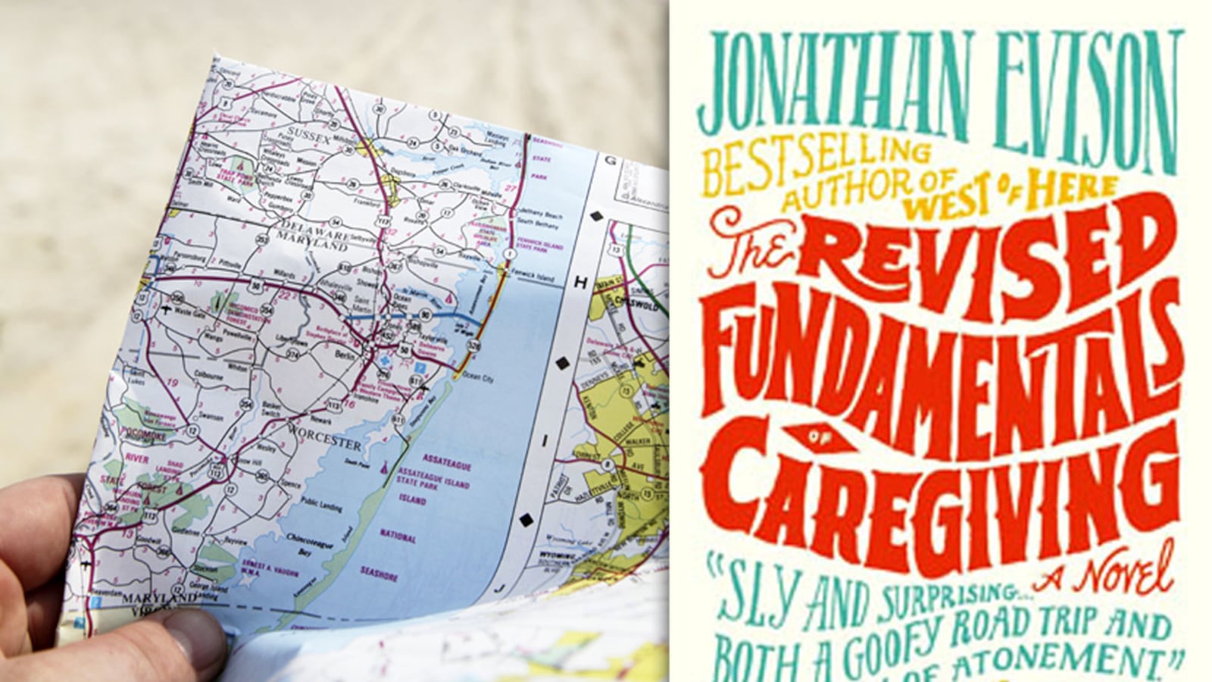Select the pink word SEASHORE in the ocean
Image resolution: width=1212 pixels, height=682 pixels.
coord(379,577)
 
